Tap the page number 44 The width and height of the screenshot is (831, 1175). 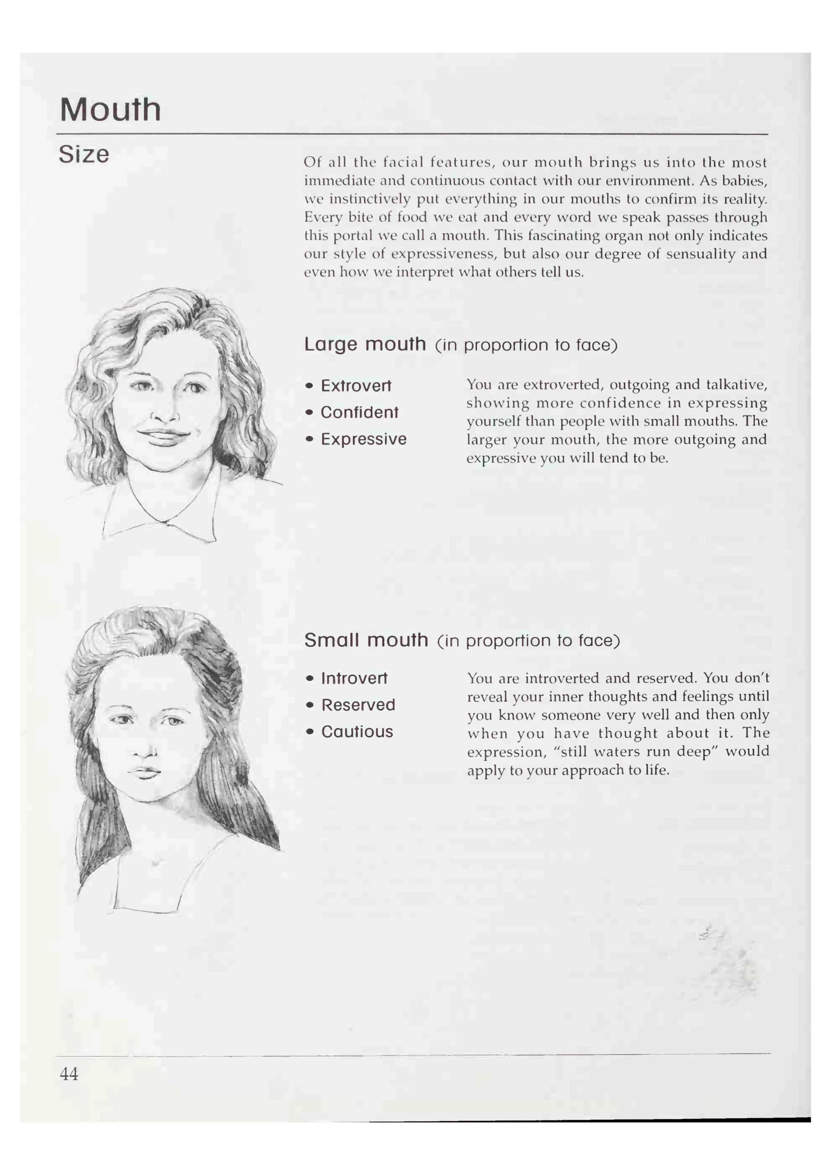tap(69, 1073)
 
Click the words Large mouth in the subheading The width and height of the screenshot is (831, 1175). tap(365, 344)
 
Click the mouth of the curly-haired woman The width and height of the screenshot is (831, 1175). tap(164, 436)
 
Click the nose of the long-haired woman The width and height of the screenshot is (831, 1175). tap(146, 750)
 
